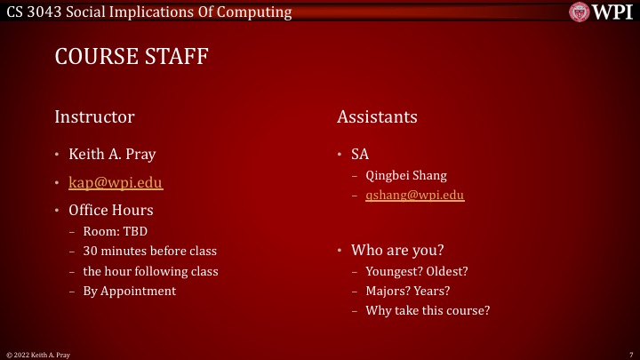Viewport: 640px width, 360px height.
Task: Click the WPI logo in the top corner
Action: [x=602, y=12]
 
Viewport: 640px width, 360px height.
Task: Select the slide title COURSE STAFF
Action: [x=132, y=57]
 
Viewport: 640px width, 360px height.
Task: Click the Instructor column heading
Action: [x=94, y=116]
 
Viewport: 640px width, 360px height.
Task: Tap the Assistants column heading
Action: [x=377, y=116]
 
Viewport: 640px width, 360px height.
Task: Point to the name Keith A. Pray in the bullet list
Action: [x=112, y=154]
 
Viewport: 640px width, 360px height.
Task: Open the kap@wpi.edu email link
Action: [x=116, y=182]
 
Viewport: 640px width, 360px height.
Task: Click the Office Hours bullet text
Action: [x=111, y=211]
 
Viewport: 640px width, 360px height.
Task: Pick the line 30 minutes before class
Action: [x=149, y=252]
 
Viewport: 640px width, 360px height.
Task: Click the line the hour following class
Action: [x=150, y=271]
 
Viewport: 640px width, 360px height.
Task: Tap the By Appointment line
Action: [x=130, y=291]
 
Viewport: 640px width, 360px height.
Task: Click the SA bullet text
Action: [x=360, y=154]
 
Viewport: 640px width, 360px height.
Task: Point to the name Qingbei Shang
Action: [x=406, y=175]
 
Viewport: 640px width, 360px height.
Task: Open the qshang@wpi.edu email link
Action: [x=415, y=195]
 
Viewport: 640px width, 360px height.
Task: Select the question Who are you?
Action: [x=397, y=250]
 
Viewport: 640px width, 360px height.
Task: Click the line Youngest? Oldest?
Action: [x=417, y=271]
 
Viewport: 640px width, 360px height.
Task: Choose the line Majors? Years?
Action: [x=407, y=291]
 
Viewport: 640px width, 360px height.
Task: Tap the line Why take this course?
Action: [x=428, y=310]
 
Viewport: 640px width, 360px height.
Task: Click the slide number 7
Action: [x=630, y=355]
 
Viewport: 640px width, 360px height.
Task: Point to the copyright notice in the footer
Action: [x=38, y=355]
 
